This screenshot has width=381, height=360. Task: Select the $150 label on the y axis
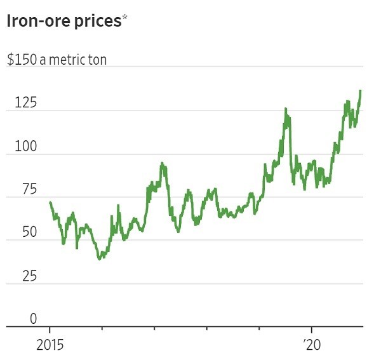pos(20,60)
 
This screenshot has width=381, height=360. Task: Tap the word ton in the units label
pos(97,60)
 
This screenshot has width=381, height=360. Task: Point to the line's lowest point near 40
pos(99,259)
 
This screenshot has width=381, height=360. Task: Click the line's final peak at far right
pos(361,91)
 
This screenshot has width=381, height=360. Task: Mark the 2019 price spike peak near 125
pos(286,109)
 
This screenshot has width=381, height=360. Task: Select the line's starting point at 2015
pos(50,202)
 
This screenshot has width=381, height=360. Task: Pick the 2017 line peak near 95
pos(162,163)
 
